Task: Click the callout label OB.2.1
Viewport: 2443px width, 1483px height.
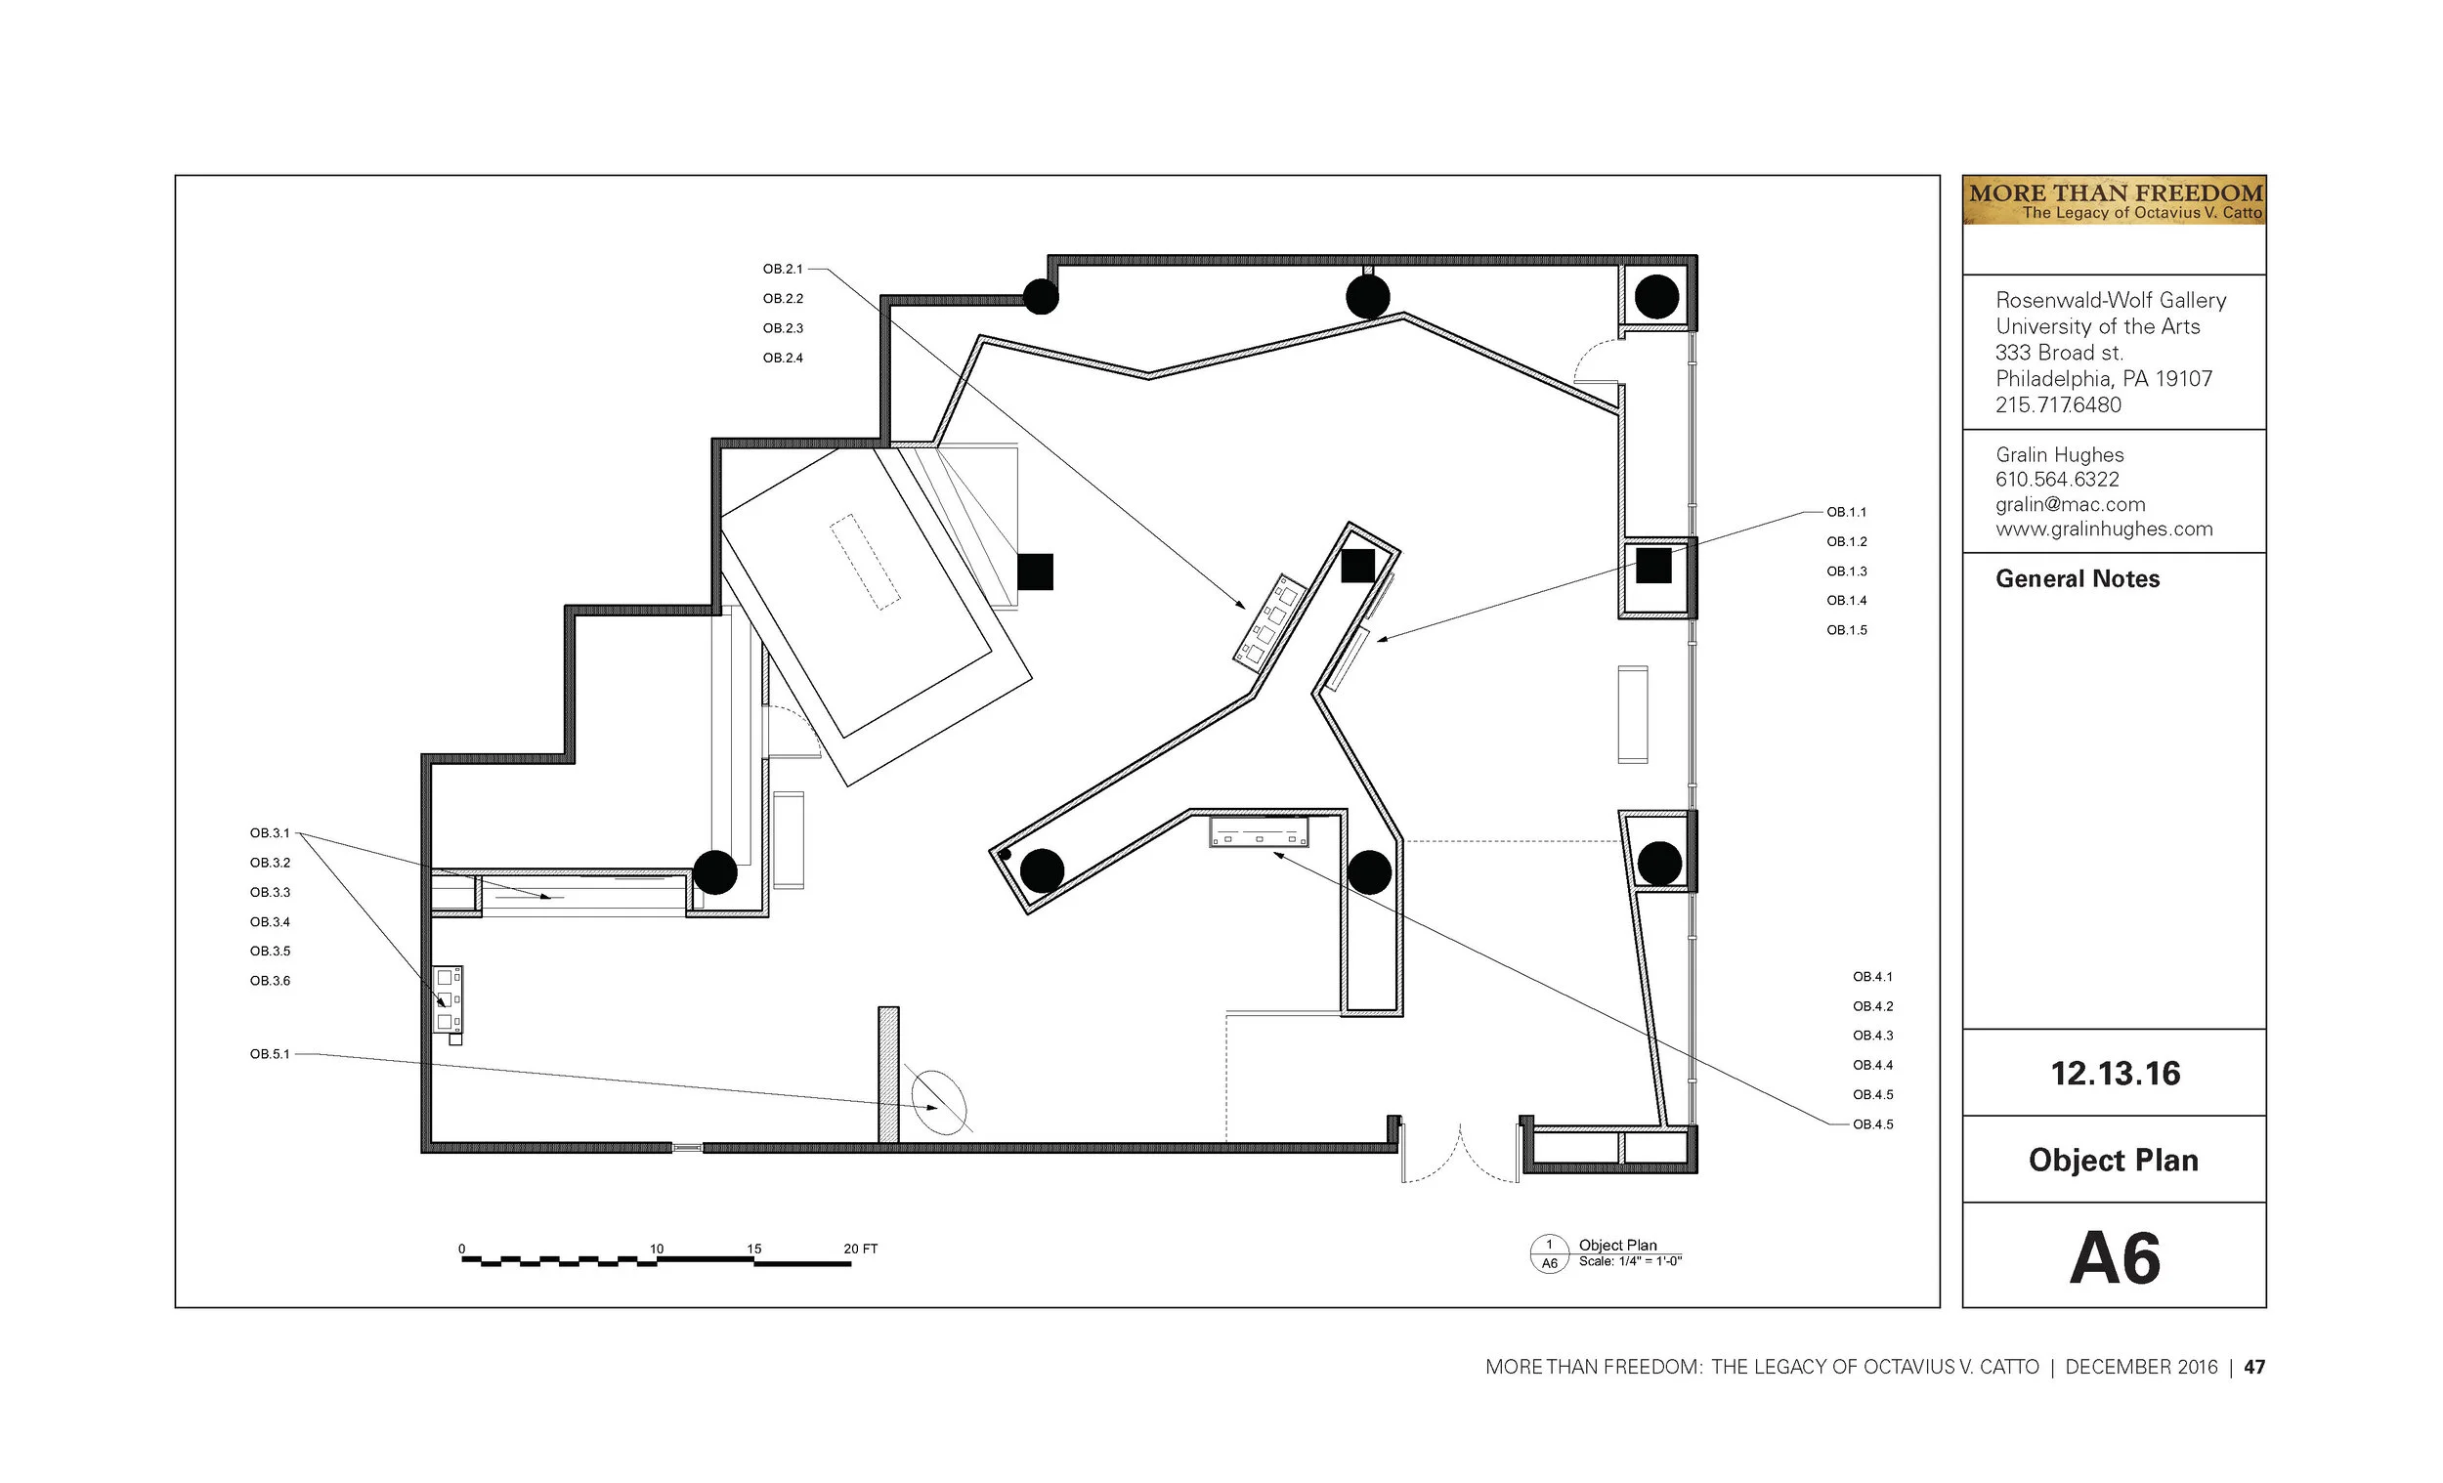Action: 783,269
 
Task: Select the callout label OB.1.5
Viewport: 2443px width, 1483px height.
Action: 1846,629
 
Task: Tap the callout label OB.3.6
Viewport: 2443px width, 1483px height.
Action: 270,981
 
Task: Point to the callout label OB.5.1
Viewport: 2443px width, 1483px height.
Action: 270,1054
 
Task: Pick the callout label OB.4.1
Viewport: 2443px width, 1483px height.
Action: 1873,976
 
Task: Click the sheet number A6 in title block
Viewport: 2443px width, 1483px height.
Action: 2115,1258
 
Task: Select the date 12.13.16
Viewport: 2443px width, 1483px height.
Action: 2115,1073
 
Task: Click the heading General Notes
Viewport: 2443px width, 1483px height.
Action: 2078,579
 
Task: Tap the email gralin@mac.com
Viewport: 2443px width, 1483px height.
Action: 2071,503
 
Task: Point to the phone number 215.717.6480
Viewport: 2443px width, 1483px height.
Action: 2058,404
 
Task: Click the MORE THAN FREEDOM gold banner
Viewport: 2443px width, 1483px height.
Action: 2115,200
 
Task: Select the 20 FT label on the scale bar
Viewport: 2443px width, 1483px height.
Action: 861,1249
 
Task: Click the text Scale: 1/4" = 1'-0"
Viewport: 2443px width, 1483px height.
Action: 1630,1261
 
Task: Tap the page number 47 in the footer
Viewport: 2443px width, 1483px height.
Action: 2254,1367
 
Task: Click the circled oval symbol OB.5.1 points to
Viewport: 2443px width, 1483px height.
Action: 939,1101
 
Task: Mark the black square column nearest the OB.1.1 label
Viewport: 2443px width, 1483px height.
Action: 1652,565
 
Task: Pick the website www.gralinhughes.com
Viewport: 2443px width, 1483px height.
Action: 2104,529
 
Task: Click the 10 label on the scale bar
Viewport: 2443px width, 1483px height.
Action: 657,1249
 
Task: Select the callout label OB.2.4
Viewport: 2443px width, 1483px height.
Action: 783,358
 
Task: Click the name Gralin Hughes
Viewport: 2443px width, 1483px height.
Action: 2059,455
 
